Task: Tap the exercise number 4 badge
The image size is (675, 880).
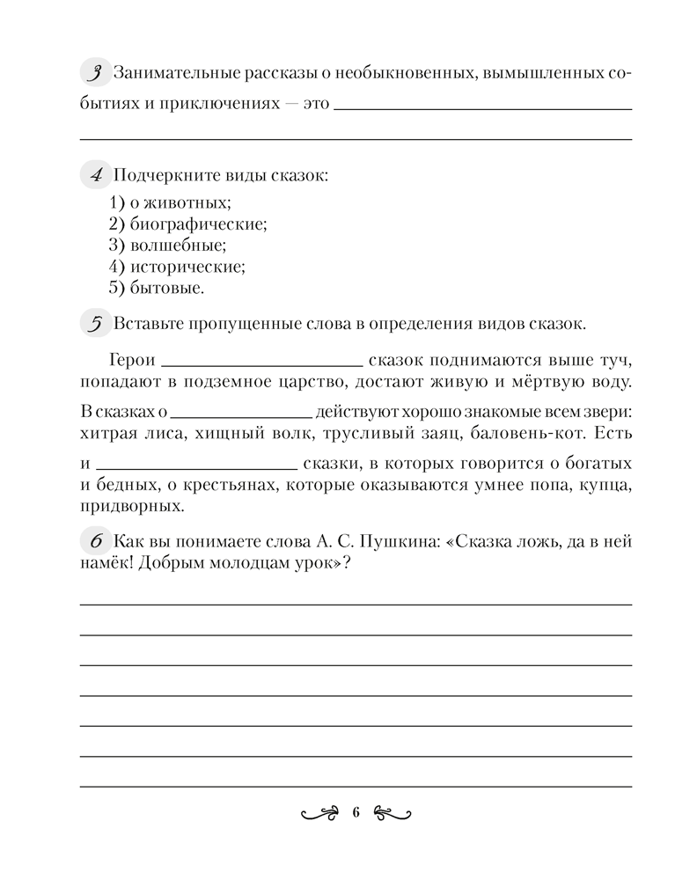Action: (x=92, y=174)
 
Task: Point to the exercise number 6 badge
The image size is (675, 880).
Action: (x=92, y=539)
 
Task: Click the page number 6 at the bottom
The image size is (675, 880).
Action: (x=356, y=812)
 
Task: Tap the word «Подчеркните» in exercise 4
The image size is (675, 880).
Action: (x=159, y=174)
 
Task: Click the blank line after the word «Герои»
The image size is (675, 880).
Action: (x=262, y=363)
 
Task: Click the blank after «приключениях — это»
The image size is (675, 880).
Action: (x=483, y=107)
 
